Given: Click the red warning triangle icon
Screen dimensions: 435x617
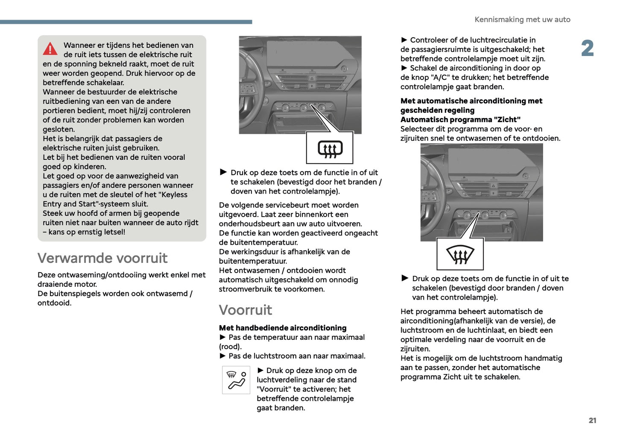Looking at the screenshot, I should (50, 49).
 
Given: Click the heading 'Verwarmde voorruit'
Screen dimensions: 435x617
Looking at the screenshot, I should (102, 258).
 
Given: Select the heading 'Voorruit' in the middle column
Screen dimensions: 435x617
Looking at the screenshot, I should (246, 310).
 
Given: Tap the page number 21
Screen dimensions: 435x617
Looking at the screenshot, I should (592, 420).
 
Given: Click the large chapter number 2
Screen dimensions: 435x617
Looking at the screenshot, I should (588, 48).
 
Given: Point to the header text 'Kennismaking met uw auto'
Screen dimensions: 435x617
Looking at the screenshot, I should (522, 20).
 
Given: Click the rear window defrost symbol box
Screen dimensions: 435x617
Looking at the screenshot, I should (330, 148).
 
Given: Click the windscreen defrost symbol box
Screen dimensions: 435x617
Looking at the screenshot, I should (460, 254).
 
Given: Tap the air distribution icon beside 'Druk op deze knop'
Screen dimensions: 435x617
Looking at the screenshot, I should (236, 380).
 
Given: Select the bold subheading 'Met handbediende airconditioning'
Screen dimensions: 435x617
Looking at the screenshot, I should (283, 328).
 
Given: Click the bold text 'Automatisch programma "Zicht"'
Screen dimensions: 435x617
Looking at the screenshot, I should (460, 120).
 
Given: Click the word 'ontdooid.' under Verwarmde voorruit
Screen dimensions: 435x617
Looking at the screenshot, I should (55, 303).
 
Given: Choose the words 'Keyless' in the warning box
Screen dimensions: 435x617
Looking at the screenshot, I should (172, 195).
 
